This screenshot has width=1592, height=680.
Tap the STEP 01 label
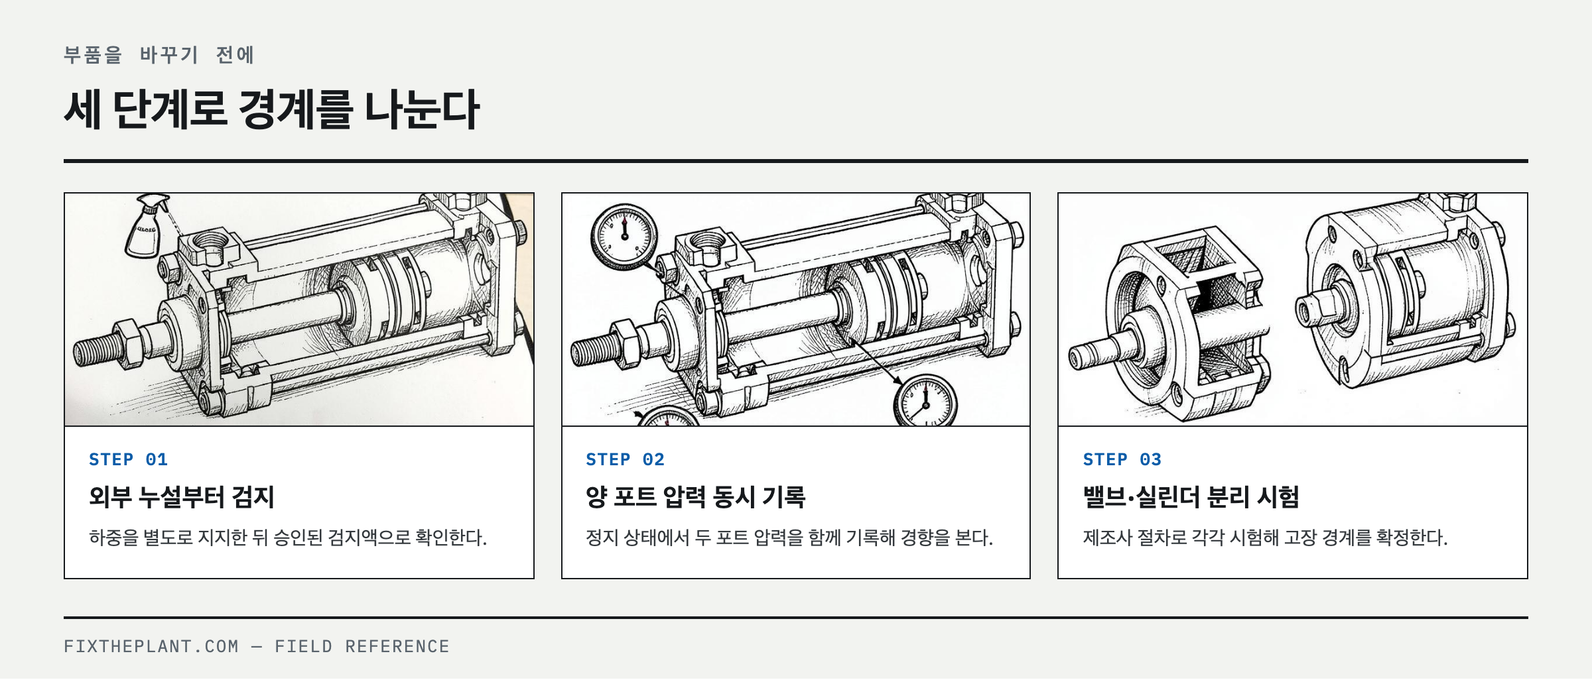(129, 459)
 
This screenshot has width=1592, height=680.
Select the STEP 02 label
(625, 459)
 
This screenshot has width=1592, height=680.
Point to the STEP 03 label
(1122, 459)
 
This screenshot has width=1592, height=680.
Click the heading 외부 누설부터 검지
(182, 497)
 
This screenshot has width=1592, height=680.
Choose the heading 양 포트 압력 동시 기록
(695, 497)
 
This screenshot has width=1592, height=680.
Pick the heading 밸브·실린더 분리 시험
(1191, 497)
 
